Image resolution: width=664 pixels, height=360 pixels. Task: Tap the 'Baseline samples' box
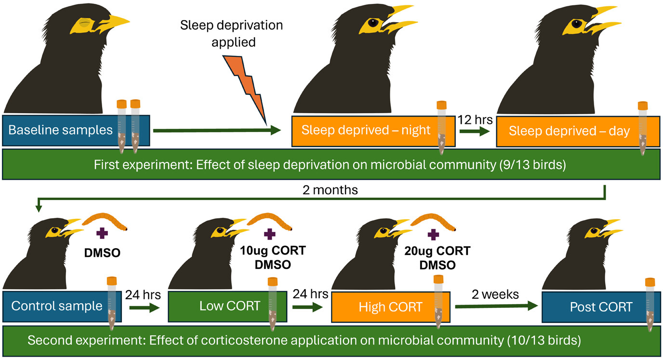pos(60,130)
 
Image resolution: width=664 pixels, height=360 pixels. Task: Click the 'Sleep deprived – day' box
pos(569,131)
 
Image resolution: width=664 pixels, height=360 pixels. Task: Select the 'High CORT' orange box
pos(381,307)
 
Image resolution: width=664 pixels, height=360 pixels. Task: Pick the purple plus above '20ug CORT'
pos(435,235)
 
